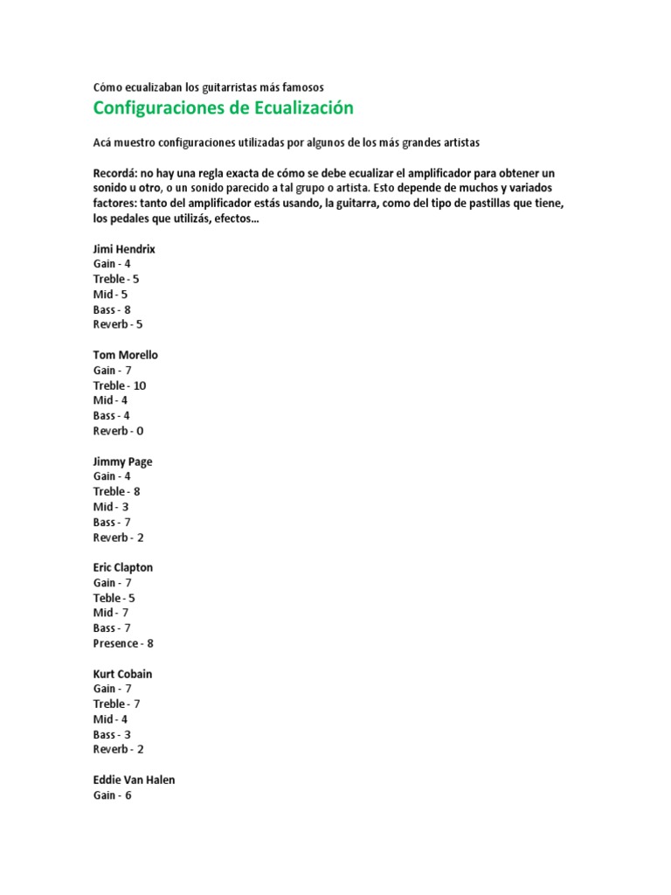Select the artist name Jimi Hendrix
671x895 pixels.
click(x=124, y=248)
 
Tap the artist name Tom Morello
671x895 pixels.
click(x=126, y=355)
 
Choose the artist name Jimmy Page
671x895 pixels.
click(x=123, y=461)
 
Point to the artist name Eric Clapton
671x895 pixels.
click(x=123, y=567)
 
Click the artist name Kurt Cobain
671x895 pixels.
click(x=123, y=674)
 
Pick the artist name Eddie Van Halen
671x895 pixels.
click(x=134, y=780)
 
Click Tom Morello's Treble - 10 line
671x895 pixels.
click(x=120, y=385)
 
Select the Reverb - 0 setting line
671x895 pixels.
click(x=118, y=431)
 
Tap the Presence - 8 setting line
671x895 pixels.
click(x=123, y=643)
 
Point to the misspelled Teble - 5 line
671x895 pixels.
click(x=114, y=598)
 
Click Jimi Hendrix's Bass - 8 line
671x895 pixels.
click(x=112, y=309)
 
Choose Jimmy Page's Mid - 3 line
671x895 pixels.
click(x=111, y=507)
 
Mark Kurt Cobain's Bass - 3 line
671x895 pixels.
click(x=112, y=735)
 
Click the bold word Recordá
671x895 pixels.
click(x=114, y=173)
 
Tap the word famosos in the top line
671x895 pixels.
click(x=297, y=87)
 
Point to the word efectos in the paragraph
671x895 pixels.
click(x=236, y=219)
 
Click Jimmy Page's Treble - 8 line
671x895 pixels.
click(x=116, y=491)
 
